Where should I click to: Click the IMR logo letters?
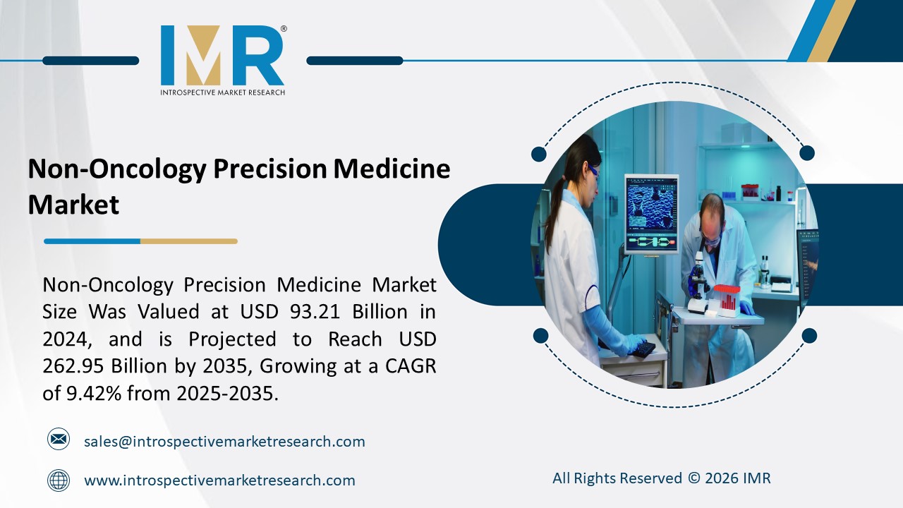tap(222, 56)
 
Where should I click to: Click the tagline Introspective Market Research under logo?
tap(222, 92)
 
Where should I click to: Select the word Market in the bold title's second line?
tap(73, 205)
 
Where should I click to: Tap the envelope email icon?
tap(59, 440)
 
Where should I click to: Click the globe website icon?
tap(59, 480)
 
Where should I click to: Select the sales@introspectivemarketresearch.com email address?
tap(224, 442)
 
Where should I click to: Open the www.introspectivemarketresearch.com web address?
tap(219, 480)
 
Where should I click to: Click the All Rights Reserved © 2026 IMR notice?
tap(661, 478)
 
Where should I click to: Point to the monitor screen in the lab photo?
tap(650, 212)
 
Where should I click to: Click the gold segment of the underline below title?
tap(188, 241)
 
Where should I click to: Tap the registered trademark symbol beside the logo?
tap(283, 29)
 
